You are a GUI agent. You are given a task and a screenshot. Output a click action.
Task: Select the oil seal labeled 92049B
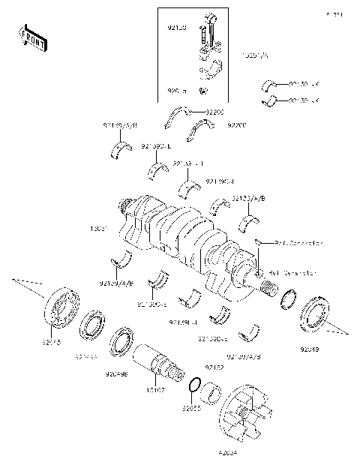[x=122, y=343]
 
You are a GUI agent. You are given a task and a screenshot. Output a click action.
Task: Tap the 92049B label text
[x=116, y=371]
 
